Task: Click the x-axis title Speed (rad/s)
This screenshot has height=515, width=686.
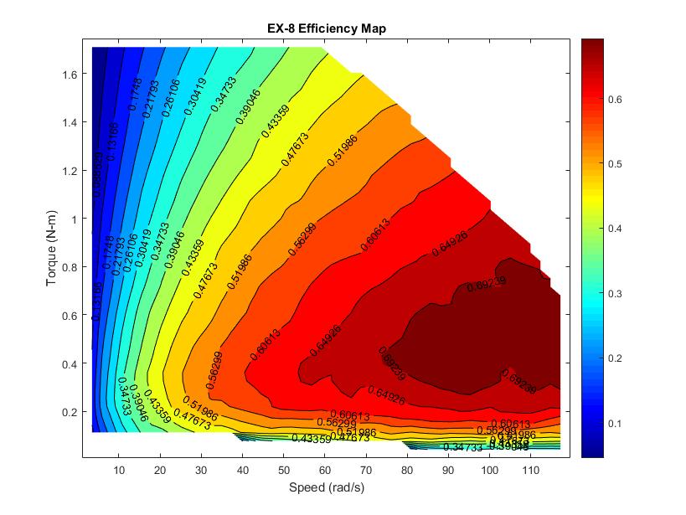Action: [x=322, y=487]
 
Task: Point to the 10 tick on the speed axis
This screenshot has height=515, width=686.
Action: [x=119, y=468]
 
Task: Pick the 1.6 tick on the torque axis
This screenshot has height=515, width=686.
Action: [x=69, y=74]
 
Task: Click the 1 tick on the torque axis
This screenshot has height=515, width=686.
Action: [x=74, y=219]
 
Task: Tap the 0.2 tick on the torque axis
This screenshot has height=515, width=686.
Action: [x=69, y=413]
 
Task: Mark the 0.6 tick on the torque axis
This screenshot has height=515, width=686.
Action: [x=69, y=316]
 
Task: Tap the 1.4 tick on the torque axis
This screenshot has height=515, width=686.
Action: [x=69, y=122]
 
